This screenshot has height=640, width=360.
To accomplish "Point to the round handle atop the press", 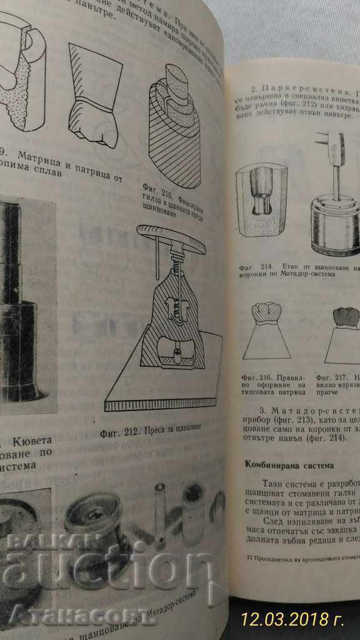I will pyautogui.click(x=171, y=241).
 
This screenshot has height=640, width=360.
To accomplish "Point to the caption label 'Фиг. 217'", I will pyautogui.click(x=327, y=377).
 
